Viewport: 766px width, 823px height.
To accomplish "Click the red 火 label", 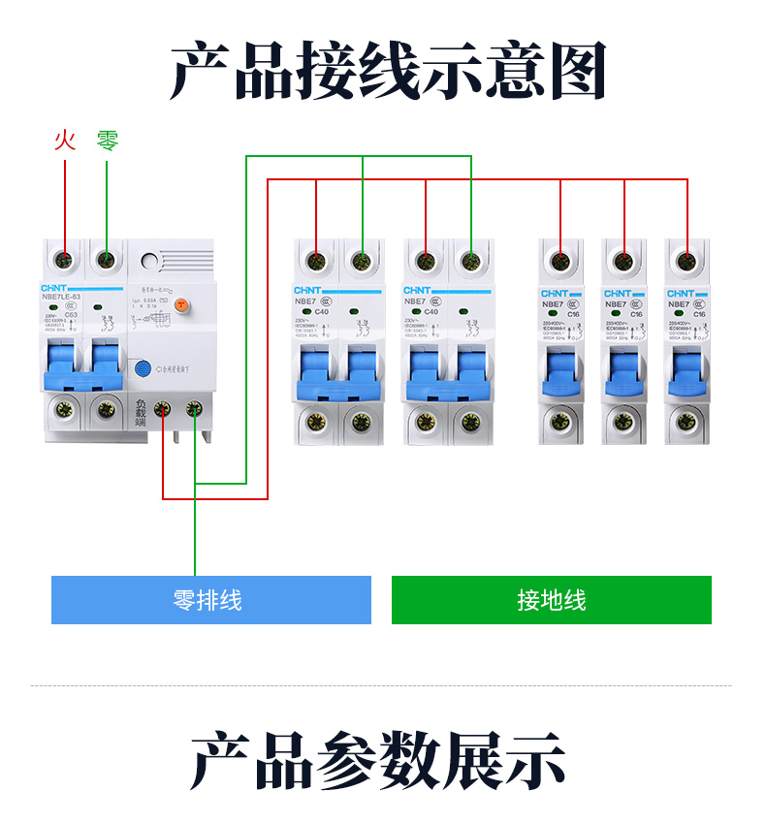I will coord(64,141).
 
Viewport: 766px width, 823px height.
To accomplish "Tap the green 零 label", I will coord(107,141).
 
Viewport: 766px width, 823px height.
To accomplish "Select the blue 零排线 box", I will coord(210,600).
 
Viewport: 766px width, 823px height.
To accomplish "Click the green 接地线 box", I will coord(551,600).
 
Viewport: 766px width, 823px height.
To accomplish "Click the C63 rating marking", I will coord(71,315).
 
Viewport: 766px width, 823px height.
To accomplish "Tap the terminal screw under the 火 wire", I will coord(64,260).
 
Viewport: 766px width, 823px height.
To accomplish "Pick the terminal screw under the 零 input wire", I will coord(107,260).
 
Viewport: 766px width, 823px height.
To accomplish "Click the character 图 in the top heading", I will coord(572,70).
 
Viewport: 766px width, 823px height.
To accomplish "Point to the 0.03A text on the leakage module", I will coord(150,303).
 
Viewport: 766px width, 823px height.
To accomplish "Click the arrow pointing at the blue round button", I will coord(158,368).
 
